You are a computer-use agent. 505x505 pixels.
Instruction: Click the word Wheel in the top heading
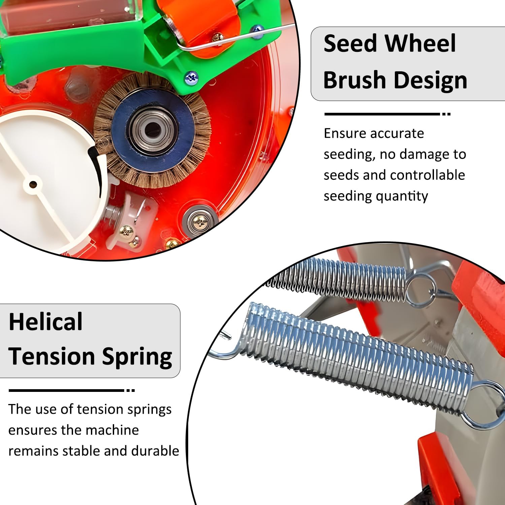point(420,43)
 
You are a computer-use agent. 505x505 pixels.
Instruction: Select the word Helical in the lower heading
point(45,322)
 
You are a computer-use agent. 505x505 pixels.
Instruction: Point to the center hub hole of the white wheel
point(33,184)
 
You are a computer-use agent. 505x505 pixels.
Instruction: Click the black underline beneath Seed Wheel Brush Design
point(382,114)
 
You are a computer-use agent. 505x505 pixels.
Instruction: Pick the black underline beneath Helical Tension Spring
point(67,391)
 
